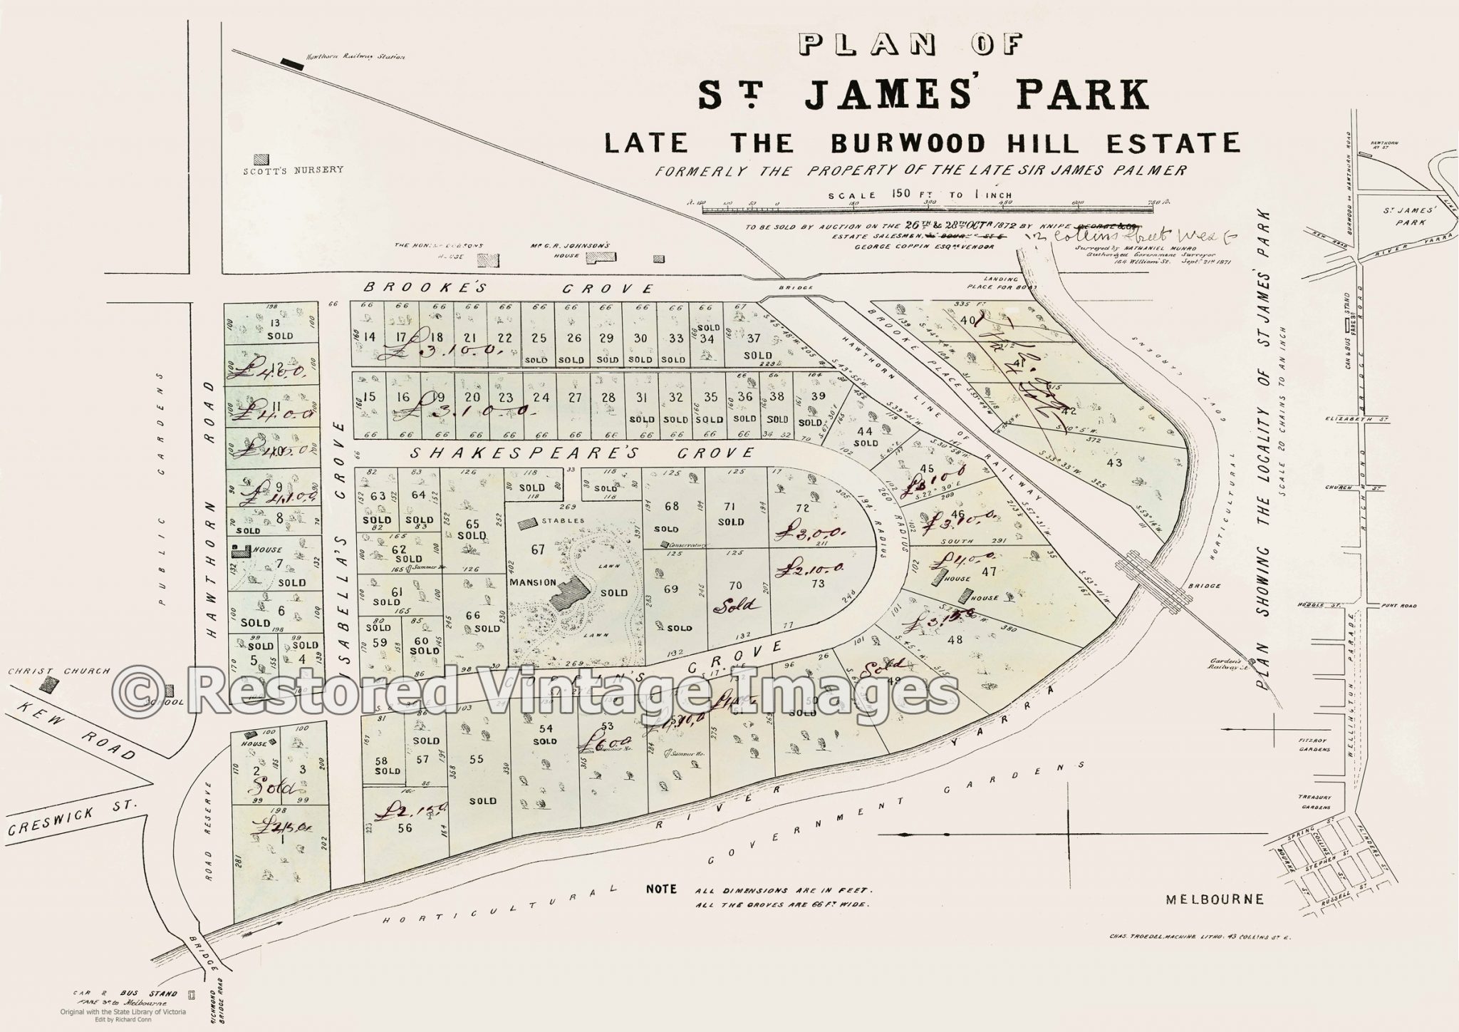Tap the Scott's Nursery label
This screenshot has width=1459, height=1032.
point(293,170)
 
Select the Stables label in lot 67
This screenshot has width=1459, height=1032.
point(564,520)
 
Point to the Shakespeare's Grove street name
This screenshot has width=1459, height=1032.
point(582,453)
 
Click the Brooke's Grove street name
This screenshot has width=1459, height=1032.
point(508,289)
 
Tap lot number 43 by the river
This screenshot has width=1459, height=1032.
point(1113,463)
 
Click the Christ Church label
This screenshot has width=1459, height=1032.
point(58,671)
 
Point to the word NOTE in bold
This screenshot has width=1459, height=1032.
point(661,889)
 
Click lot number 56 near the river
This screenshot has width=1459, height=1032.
point(405,827)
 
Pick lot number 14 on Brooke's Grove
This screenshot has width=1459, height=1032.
point(369,338)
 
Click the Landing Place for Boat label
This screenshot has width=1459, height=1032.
point(1007,283)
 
